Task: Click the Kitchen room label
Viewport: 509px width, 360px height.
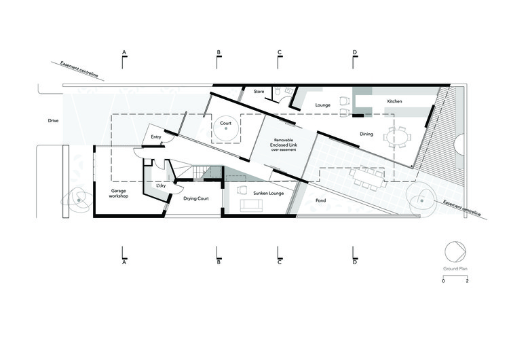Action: [394, 101]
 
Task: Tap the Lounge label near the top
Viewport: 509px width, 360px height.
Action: [322, 105]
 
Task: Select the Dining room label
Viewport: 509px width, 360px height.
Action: [366, 134]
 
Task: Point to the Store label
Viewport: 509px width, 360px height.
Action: [259, 91]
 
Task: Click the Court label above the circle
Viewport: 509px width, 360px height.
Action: [225, 124]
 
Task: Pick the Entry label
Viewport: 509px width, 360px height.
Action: [156, 137]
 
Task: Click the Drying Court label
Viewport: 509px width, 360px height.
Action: [195, 199]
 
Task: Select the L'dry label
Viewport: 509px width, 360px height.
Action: [161, 185]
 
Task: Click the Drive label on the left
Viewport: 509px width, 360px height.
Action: [53, 121]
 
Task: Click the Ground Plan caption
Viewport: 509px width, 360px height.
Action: [455, 269]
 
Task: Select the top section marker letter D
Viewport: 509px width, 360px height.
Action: [354, 52]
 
